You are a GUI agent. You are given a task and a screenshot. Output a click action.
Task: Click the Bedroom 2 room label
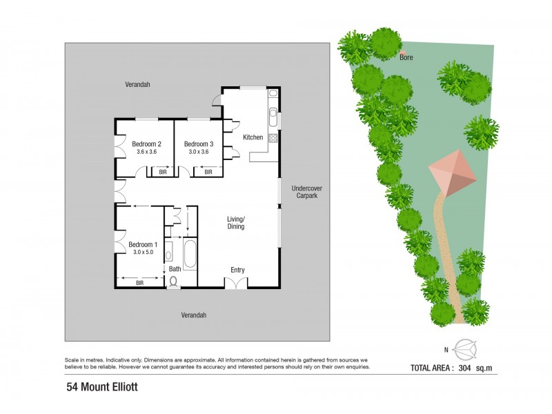pos(146,144)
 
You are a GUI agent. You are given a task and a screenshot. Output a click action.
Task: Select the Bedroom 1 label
pos(143,244)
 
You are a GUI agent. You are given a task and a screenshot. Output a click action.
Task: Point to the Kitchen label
pos(253,137)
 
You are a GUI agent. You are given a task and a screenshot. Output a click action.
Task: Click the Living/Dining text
pos(236,223)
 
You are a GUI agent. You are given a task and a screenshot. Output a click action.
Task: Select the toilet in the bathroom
pos(173,282)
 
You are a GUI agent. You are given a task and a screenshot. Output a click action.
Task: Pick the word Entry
pos(237,270)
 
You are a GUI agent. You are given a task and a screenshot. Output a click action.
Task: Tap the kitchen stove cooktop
pos(273,137)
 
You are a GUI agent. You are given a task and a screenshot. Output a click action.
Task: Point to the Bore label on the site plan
pos(406,58)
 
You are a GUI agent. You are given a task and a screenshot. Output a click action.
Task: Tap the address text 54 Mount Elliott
pos(102,387)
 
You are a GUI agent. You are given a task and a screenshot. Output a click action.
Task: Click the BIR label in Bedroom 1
pos(139,282)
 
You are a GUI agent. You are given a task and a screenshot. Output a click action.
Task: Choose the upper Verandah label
pos(137,84)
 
